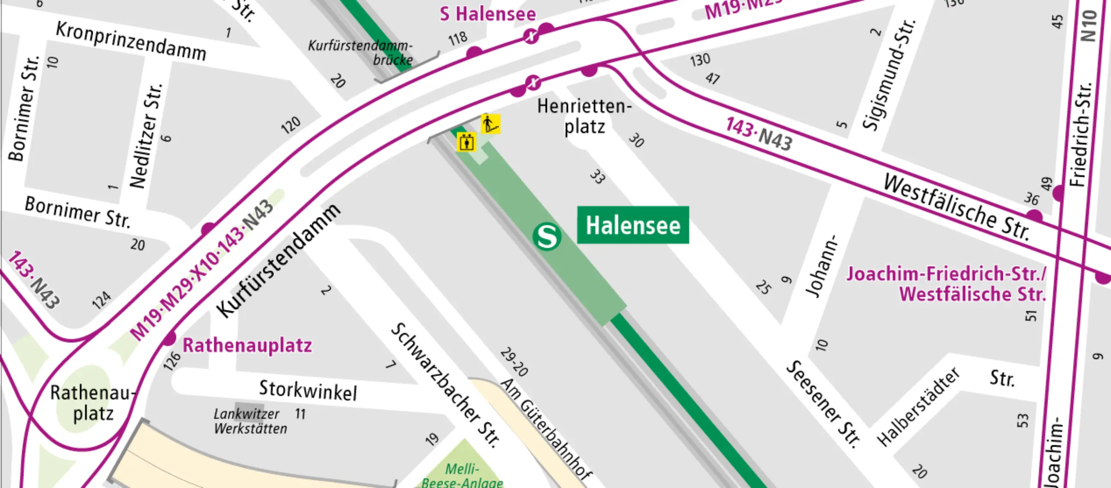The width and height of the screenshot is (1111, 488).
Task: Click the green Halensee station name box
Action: [633, 225]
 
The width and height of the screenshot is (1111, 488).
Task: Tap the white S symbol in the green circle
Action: [547, 236]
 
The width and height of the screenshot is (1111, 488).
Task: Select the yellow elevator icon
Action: [466, 142]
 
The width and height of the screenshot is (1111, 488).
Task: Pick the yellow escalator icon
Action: [491, 124]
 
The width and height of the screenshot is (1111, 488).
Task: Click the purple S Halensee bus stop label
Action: [488, 14]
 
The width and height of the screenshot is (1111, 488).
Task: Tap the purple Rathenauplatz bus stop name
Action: [247, 345]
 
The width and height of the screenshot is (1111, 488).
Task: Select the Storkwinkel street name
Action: [308, 391]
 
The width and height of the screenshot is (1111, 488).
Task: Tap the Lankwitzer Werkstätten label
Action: [250, 421]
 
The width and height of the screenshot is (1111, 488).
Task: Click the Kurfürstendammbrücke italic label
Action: [361, 52]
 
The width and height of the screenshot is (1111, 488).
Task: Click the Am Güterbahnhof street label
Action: [546, 430]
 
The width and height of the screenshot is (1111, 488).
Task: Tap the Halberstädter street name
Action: [918, 406]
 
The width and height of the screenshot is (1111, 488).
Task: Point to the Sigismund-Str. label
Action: [889, 74]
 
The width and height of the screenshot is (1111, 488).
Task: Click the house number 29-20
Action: [514, 362]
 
